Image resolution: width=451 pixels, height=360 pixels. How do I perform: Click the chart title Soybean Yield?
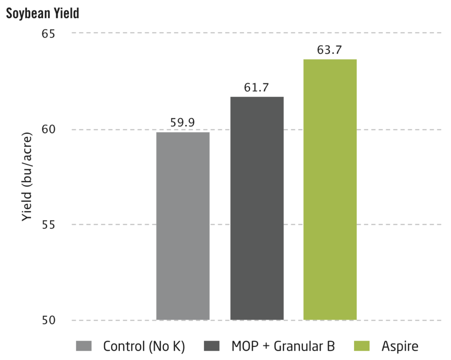coord(42,13)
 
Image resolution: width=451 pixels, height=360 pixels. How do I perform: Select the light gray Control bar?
coord(183,226)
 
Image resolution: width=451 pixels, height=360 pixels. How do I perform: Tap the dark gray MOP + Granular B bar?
coord(257,208)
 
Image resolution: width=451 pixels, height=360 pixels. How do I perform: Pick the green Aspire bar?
coord(330,189)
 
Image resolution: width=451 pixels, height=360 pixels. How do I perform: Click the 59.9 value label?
coord(183,123)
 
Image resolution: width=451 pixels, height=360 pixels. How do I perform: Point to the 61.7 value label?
coord(257,88)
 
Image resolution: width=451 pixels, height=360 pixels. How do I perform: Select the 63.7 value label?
coord(330,50)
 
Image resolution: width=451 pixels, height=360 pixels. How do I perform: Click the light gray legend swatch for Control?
coord(84,346)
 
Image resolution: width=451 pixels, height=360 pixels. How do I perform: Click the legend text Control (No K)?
coord(144,346)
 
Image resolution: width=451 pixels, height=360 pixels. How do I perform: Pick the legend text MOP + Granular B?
coord(283,346)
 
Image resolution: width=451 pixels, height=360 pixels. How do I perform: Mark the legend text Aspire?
coord(399,346)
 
